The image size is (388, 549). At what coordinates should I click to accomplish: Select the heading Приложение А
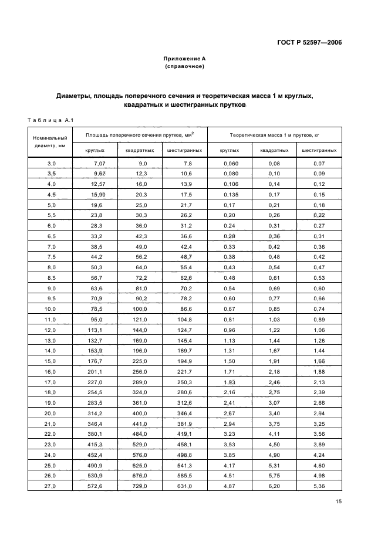(x=184, y=59)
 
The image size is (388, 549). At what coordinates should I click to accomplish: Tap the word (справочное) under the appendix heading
(x=184, y=67)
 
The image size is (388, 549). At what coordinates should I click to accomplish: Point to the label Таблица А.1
(x=49, y=121)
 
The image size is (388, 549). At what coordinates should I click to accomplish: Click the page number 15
(x=338, y=501)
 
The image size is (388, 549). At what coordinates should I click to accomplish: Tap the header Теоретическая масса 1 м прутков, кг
(x=274, y=135)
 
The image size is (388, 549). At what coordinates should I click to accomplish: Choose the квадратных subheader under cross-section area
(x=140, y=150)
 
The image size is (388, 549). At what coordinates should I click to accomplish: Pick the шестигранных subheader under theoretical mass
(x=319, y=150)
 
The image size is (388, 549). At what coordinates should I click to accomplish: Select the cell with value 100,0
(x=140, y=309)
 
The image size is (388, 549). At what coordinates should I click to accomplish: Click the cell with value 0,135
(x=230, y=195)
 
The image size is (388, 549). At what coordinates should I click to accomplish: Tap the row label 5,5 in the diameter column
(x=51, y=215)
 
